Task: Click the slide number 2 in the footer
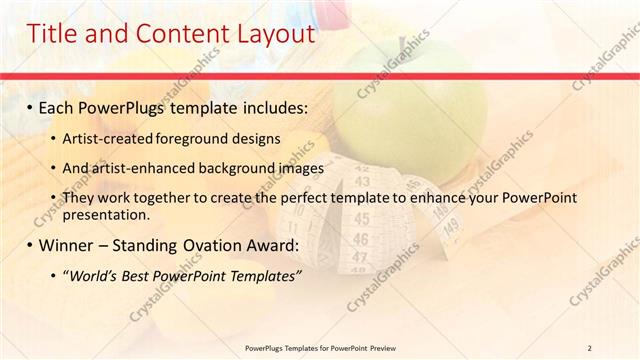point(590,347)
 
